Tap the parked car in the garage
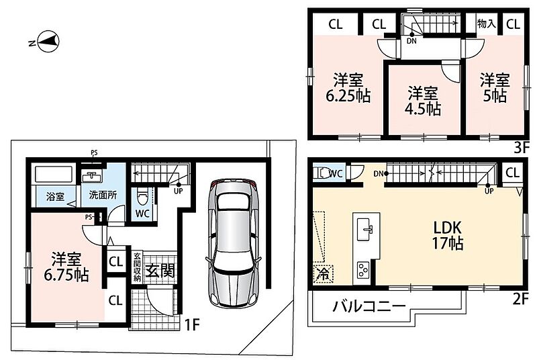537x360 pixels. tap(232, 242)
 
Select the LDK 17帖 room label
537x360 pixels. tap(448, 235)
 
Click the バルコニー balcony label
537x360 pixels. tap(369, 306)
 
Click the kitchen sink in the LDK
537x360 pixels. tap(366, 230)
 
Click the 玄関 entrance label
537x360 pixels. tap(160, 271)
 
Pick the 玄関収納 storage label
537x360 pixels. tap(137, 267)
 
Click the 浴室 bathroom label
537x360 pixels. tap(55, 196)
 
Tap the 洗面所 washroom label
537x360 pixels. tap(103, 195)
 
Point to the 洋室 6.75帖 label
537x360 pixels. tap(66, 267)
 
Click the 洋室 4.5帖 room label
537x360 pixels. tap(423, 101)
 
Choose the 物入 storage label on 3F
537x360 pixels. tap(486, 24)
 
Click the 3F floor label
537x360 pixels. tap(522, 148)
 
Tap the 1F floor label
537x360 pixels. tap(192, 324)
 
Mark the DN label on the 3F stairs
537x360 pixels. tap(411, 41)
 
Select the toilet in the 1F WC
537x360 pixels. tap(142, 196)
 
